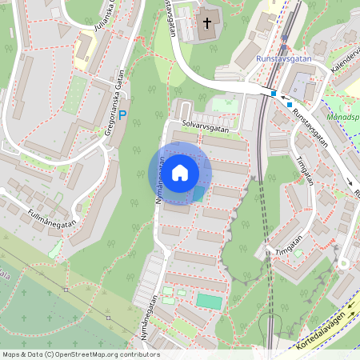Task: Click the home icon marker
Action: tap(180, 172)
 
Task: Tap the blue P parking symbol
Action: tap(122, 116)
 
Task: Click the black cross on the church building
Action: tap(207, 23)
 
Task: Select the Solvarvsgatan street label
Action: tap(206, 125)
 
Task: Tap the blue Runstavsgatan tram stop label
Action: tap(284, 58)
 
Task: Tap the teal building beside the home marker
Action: tap(198, 194)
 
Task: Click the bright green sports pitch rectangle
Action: tap(210, 301)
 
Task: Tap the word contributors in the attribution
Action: tap(141, 354)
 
